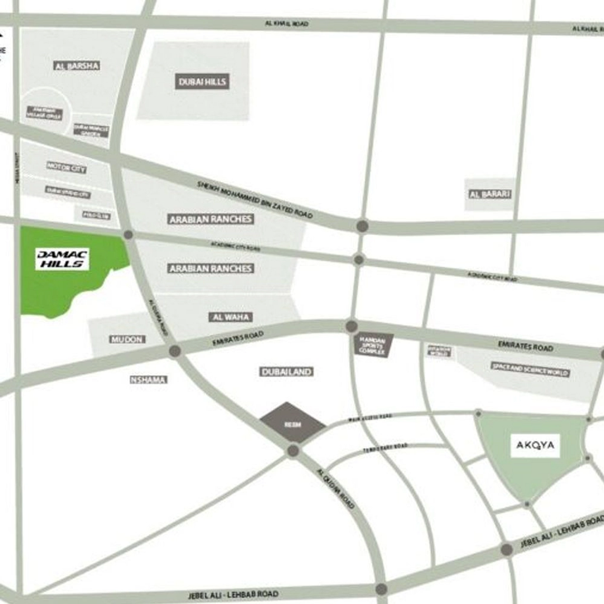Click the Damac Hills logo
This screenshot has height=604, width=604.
pos(62,259)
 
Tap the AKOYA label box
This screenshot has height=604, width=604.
pos(535,445)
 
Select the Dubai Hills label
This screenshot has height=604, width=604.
pos(202,82)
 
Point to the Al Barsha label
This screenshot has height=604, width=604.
pos(77,66)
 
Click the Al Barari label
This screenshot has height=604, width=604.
pos(490,194)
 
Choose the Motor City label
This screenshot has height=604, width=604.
pos(66,167)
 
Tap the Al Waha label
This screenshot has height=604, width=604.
pos(230,317)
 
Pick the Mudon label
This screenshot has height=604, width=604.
pos(127,339)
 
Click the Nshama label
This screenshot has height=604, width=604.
pos(148,380)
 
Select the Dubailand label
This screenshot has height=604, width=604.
pos(286,372)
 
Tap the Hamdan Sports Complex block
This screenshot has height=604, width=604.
pos(373,345)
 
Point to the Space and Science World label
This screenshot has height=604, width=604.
pos(530,369)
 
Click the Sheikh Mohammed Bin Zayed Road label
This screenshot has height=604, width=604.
pos(255,199)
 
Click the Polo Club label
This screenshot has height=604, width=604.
pos(96,215)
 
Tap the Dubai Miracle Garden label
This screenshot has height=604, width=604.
pos(91,130)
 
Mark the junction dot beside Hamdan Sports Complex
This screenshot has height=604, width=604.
pos(351,326)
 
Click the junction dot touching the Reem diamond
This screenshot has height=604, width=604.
pos(293,451)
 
